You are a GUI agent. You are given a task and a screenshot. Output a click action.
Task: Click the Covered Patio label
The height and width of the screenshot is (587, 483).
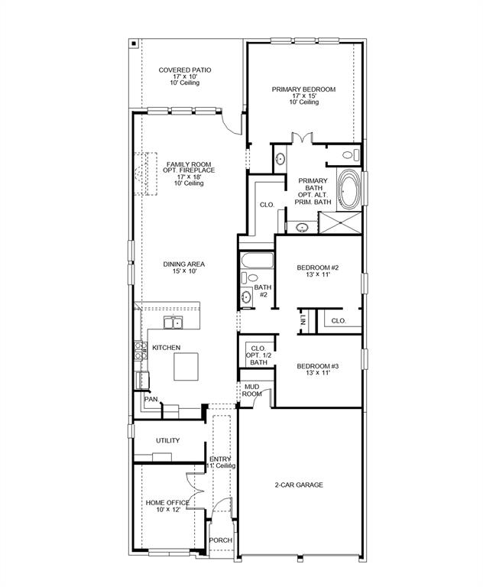(185, 76)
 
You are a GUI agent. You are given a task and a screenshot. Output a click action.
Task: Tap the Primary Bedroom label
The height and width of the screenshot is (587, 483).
(303, 95)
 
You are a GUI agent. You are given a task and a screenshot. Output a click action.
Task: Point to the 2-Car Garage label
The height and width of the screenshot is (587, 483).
(299, 485)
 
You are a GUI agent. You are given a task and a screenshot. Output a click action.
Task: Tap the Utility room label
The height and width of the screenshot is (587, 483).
(167, 440)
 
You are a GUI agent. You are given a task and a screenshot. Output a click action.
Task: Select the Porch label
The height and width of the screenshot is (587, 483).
(220, 540)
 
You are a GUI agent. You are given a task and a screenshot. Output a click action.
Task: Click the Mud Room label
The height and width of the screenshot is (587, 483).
(252, 391)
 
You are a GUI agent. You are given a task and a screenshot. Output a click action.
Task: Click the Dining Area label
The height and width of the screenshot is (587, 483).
(183, 268)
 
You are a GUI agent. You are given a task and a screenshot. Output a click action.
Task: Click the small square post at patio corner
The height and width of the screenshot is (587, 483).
(133, 44)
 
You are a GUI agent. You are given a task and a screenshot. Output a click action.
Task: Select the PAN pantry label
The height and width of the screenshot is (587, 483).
(151, 398)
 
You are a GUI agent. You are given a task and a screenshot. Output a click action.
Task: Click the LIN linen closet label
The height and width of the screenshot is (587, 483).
(303, 320)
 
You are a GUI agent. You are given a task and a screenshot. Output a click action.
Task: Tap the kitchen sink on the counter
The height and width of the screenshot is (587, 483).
(176, 323)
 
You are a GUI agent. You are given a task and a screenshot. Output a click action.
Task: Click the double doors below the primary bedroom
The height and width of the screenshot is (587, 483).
(303, 139)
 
